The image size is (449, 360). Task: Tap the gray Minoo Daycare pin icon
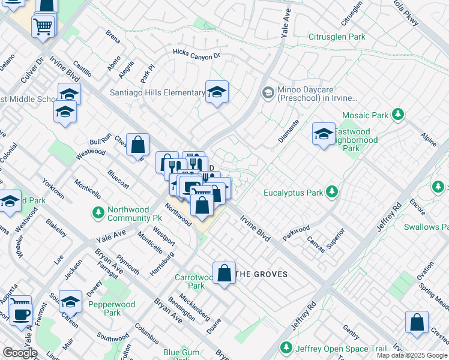[x=268, y=92]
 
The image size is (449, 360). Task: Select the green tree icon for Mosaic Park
[x=397, y=114]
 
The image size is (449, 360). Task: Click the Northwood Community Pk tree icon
[x=98, y=212]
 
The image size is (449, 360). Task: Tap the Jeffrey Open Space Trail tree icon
[x=286, y=348]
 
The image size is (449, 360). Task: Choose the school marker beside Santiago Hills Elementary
[x=217, y=92]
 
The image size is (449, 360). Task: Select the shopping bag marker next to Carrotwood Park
[x=224, y=273]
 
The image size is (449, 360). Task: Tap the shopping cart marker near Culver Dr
[x=43, y=26]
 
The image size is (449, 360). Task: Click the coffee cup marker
[x=22, y=314]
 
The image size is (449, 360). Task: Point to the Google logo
[x=20, y=353]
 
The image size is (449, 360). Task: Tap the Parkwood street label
[x=297, y=232]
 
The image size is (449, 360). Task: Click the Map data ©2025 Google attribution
[x=412, y=355]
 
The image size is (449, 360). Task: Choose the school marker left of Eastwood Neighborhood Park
[x=324, y=134]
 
